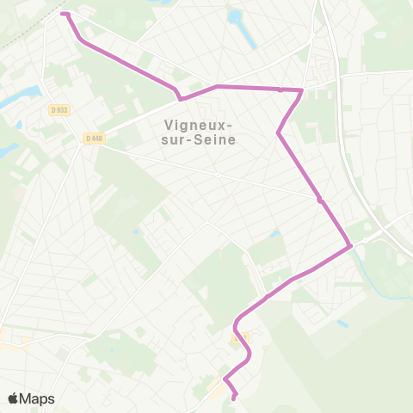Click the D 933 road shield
(59, 110)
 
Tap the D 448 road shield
(94, 138)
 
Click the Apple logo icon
(14, 398)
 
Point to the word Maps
(37, 398)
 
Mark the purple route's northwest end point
(63, 13)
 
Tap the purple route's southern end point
(234, 398)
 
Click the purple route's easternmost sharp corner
(351, 248)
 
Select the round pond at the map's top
(234, 16)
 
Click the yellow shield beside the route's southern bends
(241, 337)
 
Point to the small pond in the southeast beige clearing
(342, 324)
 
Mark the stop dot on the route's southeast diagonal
(320, 200)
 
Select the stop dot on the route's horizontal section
(280, 89)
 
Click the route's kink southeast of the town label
(278, 133)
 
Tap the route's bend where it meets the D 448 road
(179, 97)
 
